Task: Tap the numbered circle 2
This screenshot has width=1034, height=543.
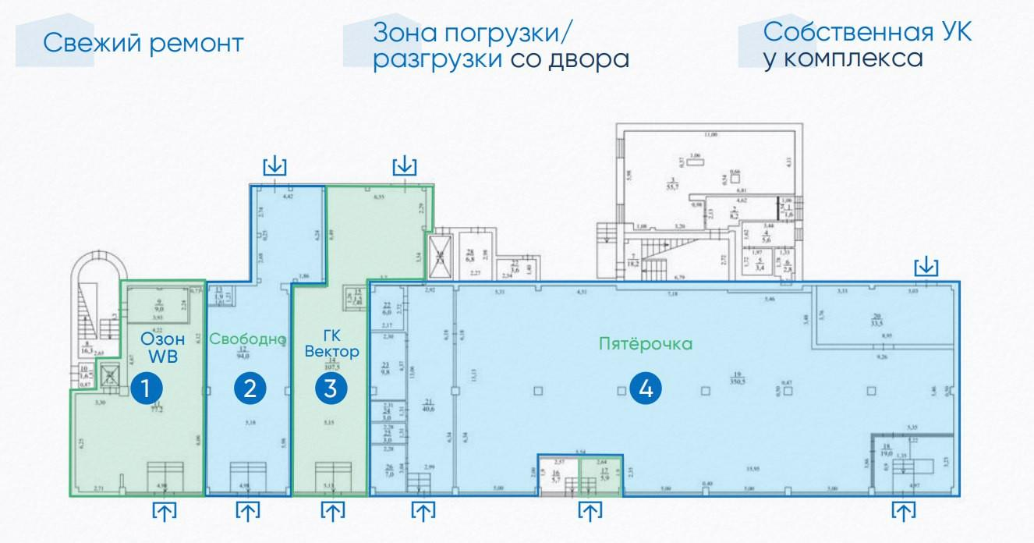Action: point(250,389)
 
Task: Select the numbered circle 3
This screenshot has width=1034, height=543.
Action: point(331,389)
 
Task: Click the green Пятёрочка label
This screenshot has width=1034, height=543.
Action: point(646,344)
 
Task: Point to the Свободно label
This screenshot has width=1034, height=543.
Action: point(248,339)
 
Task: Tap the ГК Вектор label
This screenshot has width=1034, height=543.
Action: point(331,344)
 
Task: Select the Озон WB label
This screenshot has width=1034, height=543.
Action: point(163,348)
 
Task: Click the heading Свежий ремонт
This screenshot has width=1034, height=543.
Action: point(143,43)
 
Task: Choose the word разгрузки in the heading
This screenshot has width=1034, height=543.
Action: point(437,59)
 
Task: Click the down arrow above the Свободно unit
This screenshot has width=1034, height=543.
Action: point(275,165)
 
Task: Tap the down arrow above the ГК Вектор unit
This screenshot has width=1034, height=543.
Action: point(404,165)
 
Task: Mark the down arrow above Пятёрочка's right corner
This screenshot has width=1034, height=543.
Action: point(926,267)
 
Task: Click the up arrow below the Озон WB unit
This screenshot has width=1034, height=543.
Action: point(164,512)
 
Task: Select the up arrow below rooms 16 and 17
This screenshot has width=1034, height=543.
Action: point(590,512)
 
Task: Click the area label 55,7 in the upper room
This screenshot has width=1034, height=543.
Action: point(669,187)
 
